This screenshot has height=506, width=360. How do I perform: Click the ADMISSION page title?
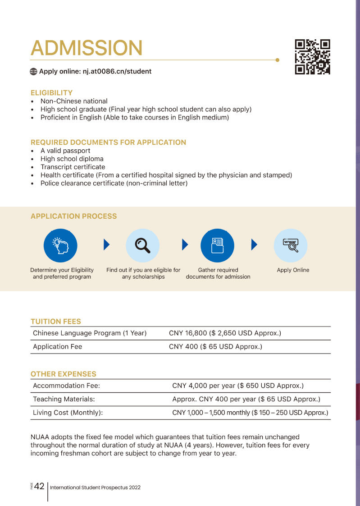(86, 48)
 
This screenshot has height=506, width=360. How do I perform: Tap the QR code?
(312, 57)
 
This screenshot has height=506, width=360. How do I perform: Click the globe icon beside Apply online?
(33, 71)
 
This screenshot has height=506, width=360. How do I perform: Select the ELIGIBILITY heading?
(51, 93)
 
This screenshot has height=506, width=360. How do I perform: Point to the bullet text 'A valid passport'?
(65, 151)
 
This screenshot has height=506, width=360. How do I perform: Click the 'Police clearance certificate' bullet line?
(114, 183)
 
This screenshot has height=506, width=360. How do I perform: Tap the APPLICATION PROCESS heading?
(73, 216)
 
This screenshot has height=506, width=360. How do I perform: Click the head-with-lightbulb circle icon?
(60, 245)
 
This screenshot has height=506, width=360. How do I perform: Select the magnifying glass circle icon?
(143, 245)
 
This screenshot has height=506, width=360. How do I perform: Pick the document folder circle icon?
(217, 245)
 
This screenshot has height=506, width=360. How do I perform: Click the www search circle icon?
(291, 245)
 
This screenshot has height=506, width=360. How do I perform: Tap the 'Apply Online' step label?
(293, 270)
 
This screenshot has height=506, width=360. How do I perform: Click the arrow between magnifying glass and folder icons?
(185, 245)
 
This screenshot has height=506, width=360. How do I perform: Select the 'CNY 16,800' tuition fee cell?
(225, 333)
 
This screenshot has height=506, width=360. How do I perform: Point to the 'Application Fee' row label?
(57, 347)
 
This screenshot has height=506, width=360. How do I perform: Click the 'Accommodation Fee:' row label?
(66, 386)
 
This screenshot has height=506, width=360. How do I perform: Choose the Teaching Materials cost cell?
(246, 399)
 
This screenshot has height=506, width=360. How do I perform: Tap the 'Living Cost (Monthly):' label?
(68, 413)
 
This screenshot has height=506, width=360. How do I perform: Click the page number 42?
(39, 486)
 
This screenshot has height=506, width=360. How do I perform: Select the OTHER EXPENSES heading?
(63, 374)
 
